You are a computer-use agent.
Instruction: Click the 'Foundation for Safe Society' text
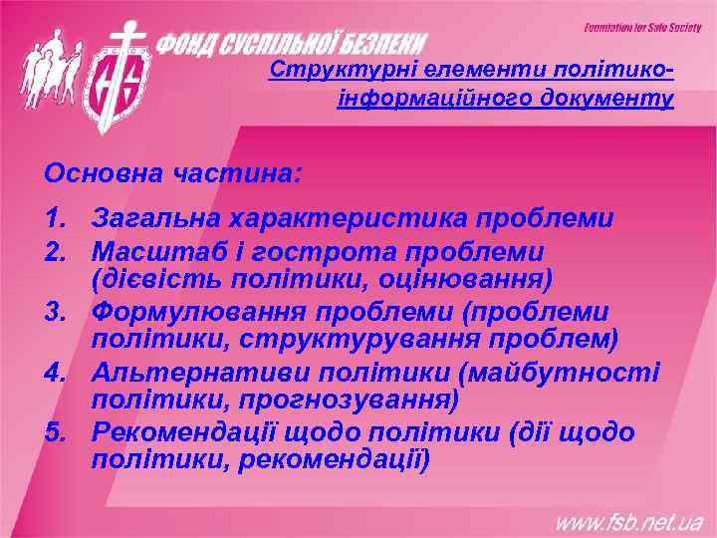pyautogui.click(x=643, y=27)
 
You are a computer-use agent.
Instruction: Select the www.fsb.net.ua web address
pyautogui.click(x=628, y=521)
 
